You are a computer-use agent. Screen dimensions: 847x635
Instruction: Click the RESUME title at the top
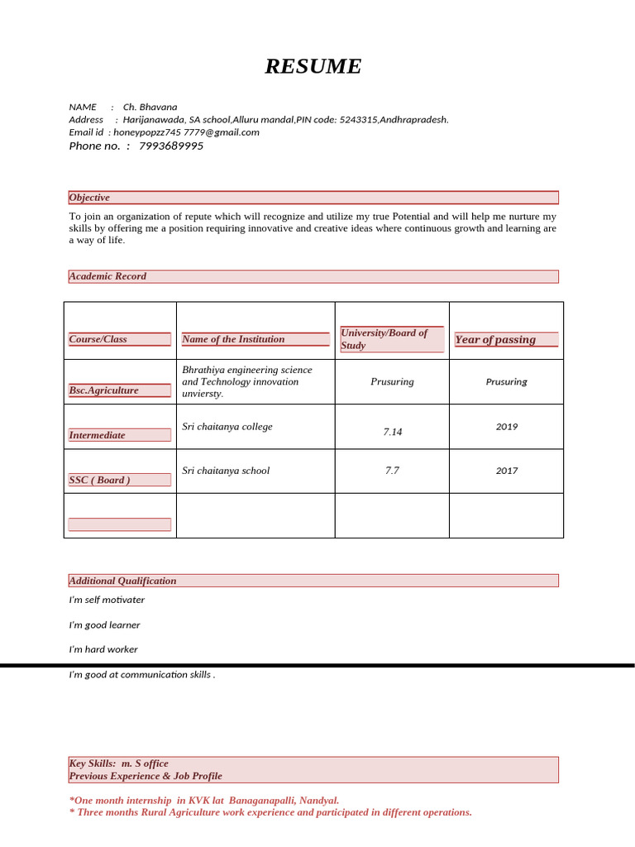313,67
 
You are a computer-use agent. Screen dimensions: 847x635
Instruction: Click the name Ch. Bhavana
150,107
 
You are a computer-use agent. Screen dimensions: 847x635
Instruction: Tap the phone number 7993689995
171,146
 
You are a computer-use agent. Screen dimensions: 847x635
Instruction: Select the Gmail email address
186,132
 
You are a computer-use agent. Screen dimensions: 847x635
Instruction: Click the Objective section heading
89,198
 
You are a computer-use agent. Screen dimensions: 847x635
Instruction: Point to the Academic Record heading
107,276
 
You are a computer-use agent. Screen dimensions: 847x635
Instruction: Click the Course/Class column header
98,339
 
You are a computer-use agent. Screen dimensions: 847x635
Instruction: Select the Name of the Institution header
233,339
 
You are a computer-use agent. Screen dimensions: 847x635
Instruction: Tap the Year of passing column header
495,339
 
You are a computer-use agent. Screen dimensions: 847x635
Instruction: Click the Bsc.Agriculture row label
104,390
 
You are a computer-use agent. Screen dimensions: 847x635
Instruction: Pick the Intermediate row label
98,435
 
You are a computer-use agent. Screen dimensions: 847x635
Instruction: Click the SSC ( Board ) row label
99,480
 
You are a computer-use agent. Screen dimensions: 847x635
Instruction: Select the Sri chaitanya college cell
227,427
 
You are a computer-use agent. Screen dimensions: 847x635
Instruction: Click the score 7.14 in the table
392,432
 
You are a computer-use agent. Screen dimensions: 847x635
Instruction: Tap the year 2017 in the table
507,471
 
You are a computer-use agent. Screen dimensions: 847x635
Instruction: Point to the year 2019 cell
507,427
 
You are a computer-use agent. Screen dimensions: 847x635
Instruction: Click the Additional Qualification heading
122,581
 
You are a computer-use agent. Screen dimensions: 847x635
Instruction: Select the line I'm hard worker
103,649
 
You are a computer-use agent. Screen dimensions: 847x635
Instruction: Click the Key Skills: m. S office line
119,763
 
